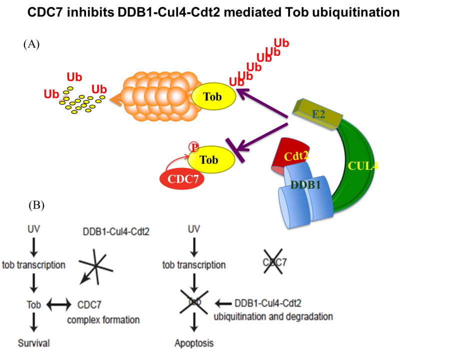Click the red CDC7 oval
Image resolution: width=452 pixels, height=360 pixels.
(182, 179)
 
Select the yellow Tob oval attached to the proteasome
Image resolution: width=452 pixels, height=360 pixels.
(213, 96)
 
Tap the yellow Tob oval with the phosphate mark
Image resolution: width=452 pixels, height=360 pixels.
(210, 160)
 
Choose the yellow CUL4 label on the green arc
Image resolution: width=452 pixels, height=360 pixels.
(363, 166)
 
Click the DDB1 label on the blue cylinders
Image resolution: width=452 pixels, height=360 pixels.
(305, 184)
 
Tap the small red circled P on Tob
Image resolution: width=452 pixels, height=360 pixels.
(193, 146)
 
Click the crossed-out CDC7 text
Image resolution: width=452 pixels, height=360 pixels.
(274, 262)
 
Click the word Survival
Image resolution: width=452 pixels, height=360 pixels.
(33, 343)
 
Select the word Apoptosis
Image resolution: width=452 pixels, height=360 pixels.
(194, 343)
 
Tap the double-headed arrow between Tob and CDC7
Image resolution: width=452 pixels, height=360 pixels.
(59, 304)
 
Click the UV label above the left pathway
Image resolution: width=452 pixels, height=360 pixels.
(33, 229)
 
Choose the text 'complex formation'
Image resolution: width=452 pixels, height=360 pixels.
(103, 319)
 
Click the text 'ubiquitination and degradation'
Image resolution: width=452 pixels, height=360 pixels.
(273, 316)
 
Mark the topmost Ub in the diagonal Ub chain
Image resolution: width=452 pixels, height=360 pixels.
(281, 43)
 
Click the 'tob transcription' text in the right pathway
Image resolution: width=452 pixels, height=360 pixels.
(194, 265)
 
